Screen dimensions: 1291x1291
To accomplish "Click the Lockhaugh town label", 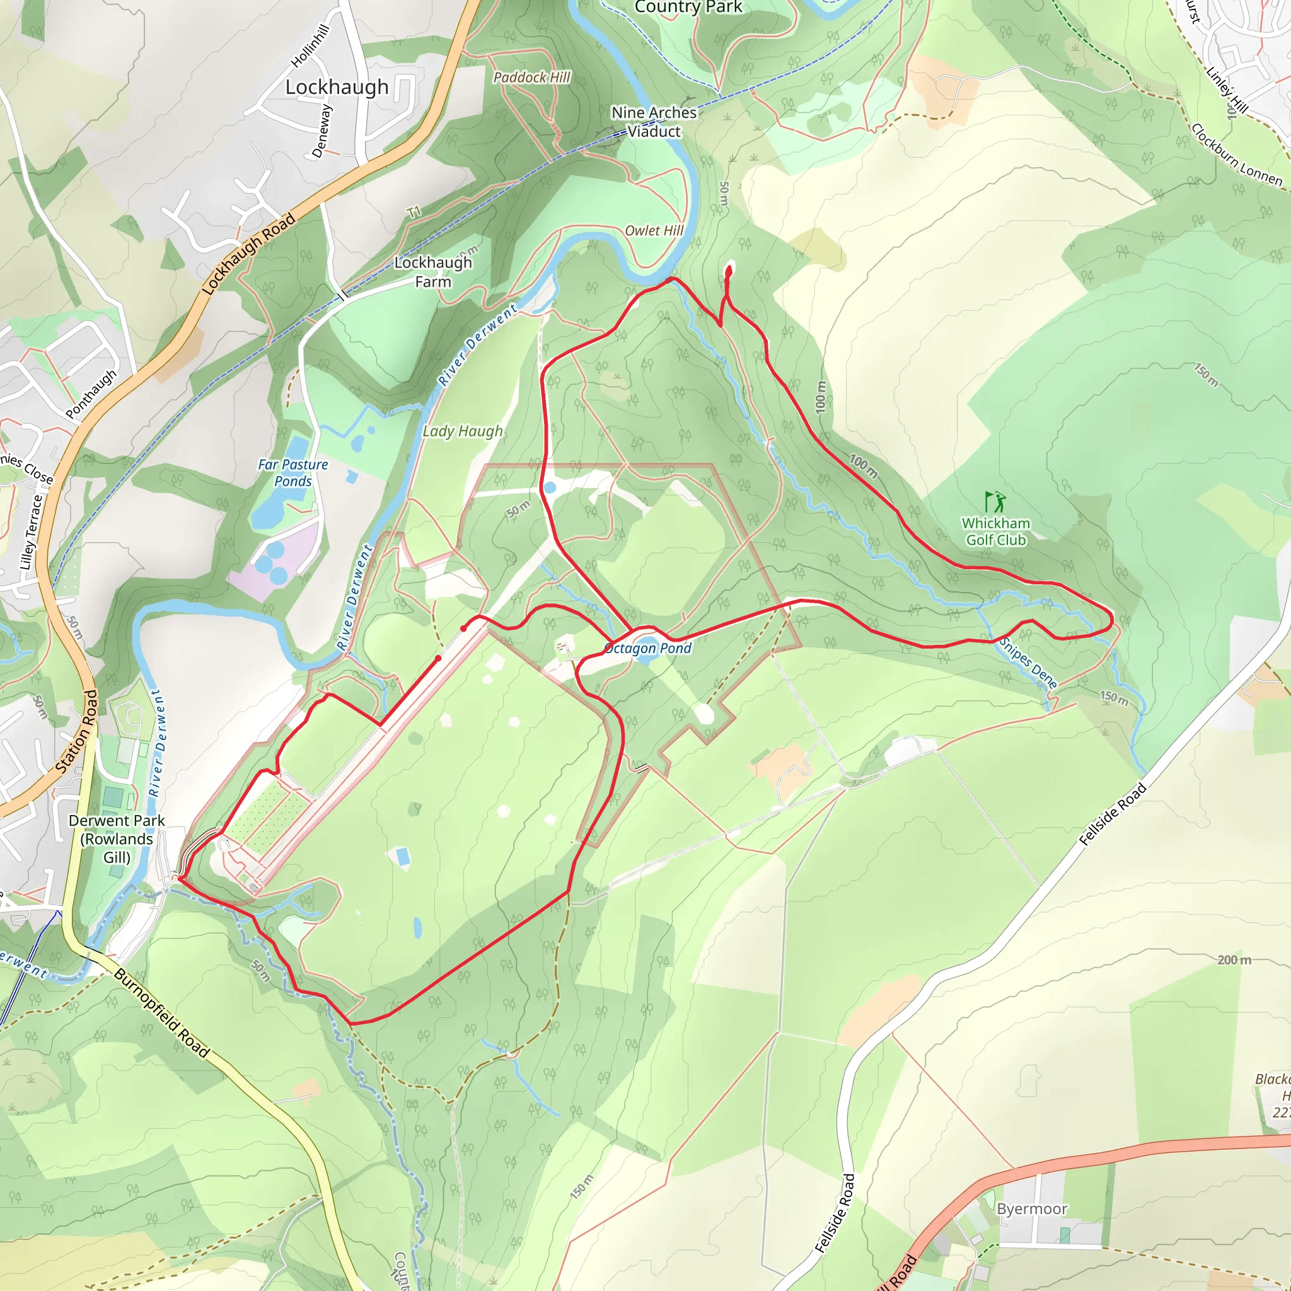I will (337, 88).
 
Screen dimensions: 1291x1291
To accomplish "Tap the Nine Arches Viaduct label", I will (654, 122).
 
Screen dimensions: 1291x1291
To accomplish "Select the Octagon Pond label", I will (647, 648).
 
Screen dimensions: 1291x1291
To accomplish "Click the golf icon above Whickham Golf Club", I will (995, 502).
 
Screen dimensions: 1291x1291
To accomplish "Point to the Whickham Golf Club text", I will (995, 532).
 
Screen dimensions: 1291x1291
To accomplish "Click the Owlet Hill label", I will (654, 231).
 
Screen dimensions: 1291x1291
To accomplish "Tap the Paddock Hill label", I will (532, 78).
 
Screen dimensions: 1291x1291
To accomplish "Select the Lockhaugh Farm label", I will (433, 272).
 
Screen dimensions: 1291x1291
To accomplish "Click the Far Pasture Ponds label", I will (292, 472).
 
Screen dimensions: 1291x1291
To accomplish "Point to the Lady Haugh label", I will (463, 432).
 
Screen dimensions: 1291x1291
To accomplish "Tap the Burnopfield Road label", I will (162, 1013).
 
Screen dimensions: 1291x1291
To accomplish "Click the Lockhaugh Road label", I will (248, 254).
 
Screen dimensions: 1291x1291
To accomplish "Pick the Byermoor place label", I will (1032, 1210).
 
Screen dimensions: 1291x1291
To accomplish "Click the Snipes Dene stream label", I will (1028, 663).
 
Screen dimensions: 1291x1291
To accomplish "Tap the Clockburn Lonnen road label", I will (1236, 155).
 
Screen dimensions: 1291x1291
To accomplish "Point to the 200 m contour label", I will (1234, 960).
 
